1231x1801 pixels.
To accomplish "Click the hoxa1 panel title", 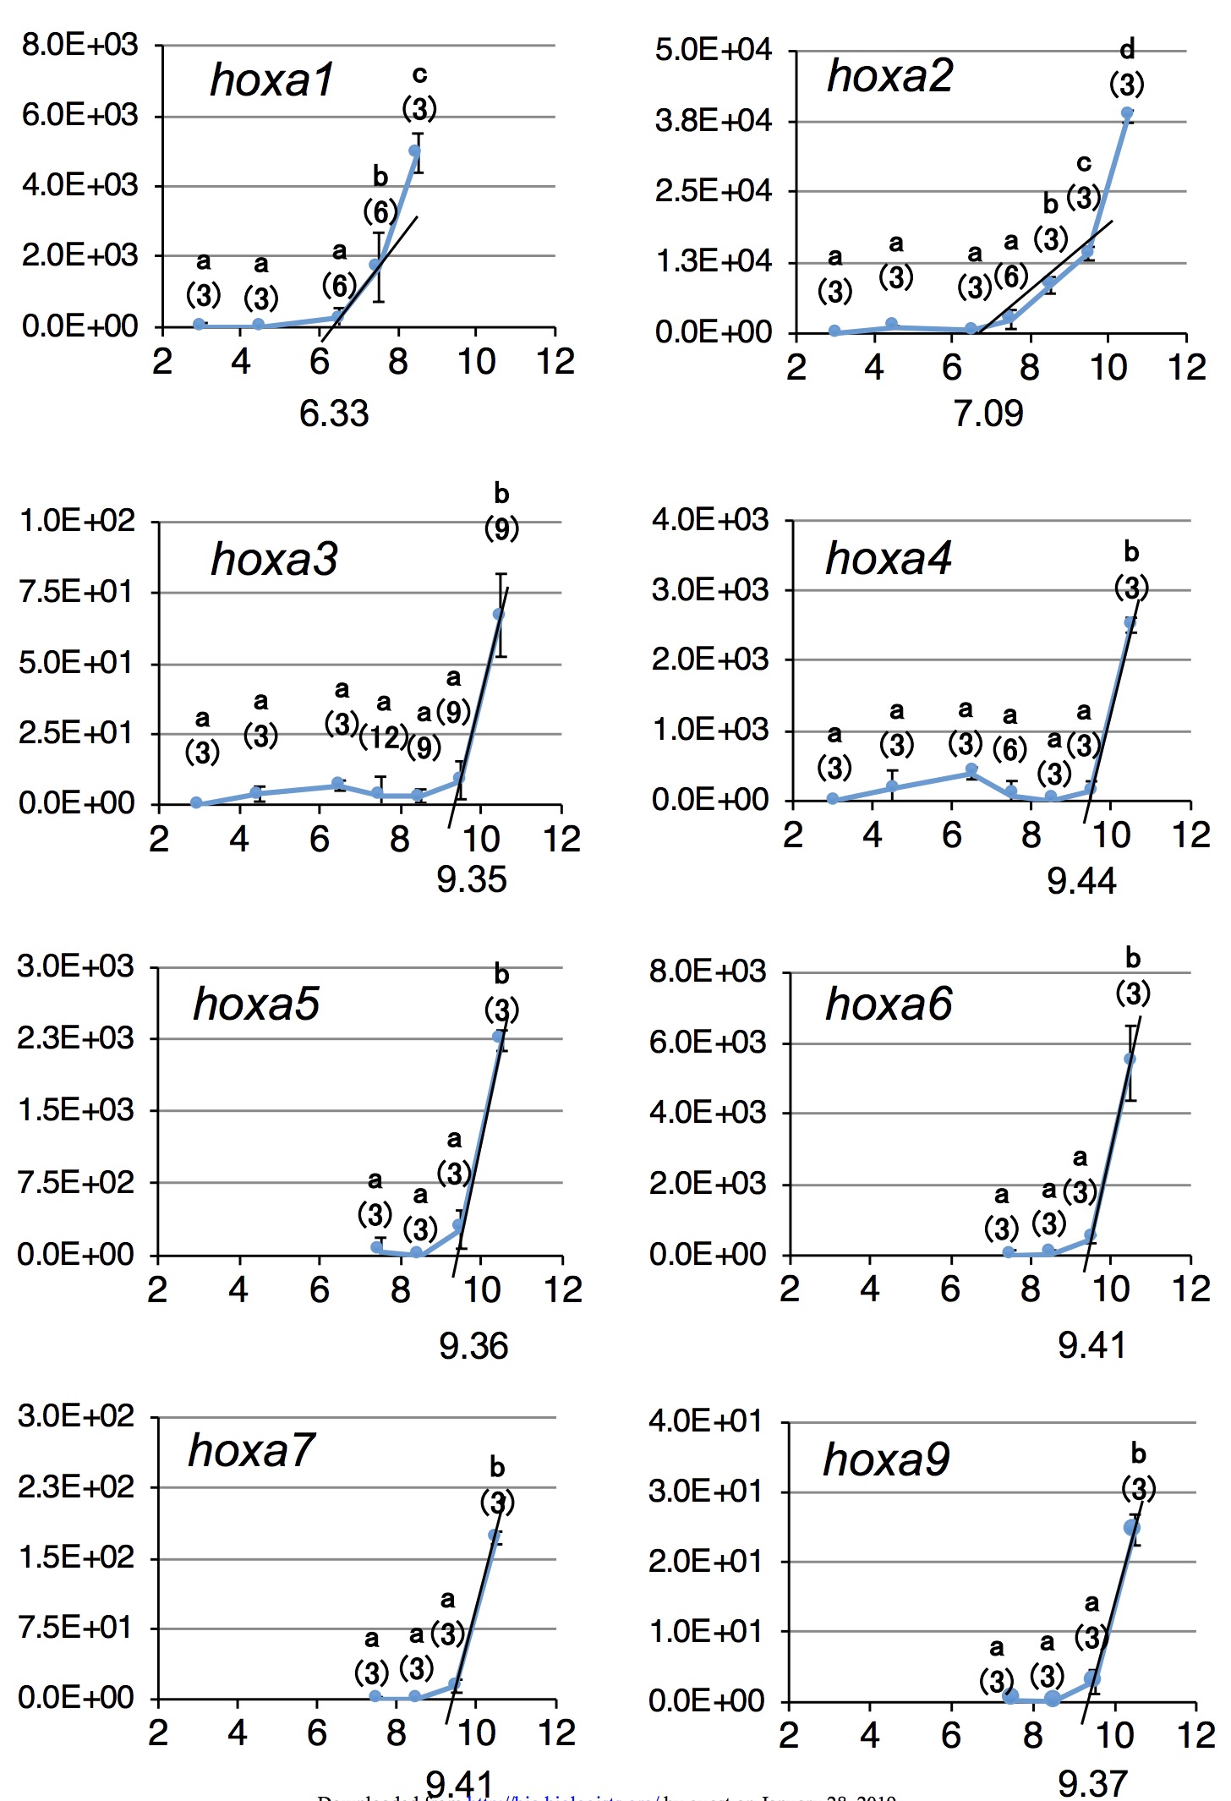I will point(272,80).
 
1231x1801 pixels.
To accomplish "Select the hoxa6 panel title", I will point(888,1005).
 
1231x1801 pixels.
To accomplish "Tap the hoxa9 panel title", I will point(886,1459).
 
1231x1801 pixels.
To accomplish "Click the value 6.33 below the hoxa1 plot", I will point(334,414).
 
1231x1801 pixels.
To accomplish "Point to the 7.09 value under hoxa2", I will point(988,414).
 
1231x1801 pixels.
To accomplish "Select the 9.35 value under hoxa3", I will point(471,880).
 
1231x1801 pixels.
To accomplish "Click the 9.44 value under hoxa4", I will point(1081,882).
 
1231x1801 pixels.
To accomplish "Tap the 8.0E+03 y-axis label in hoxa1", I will point(79,45).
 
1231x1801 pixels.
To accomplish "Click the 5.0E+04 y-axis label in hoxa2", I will point(713,50).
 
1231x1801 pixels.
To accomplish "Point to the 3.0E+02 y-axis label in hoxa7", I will point(76,1415).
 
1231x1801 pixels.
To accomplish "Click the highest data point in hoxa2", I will point(1127,112).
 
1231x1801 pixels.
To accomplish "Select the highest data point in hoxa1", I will point(415,151).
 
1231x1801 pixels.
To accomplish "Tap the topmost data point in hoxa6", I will point(1130,1059).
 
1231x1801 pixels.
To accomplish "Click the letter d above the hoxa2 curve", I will point(1127,50).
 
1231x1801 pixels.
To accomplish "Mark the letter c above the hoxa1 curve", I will point(419,74).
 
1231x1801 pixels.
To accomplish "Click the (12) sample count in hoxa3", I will point(383,737).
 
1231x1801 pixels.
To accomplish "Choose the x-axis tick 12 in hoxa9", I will point(1195,1736).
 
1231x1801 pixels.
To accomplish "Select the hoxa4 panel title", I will point(888,558).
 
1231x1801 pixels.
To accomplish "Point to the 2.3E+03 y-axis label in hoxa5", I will point(76,1037).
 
